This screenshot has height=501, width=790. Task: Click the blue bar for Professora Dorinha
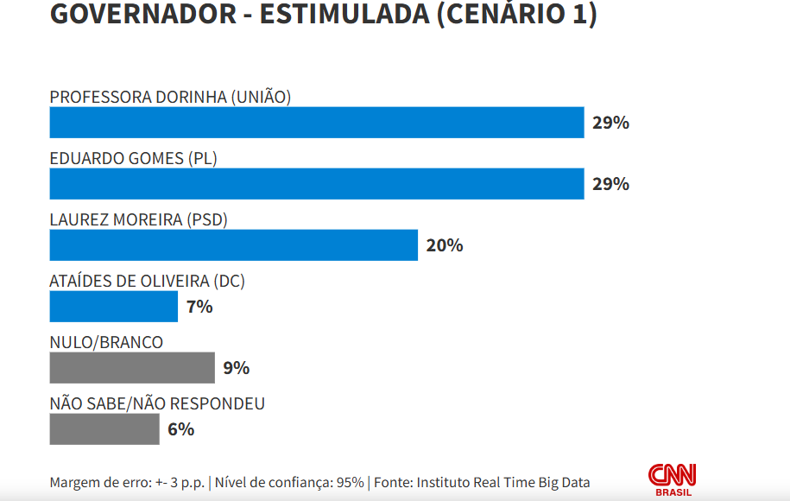(x=317, y=123)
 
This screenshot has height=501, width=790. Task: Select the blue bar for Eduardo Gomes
(x=317, y=184)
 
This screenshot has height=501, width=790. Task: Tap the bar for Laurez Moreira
(x=233, y=245)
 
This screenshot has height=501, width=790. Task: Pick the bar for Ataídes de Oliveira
(x=113, y=307)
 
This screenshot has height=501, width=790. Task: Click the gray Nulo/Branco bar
(x=132, y=368)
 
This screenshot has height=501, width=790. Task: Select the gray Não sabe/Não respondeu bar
(x=104, y=429)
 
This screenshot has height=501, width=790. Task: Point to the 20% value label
(x=445, y=245)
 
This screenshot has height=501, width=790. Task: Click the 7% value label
(x=199, y=307)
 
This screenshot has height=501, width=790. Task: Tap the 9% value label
(x=237, y=368)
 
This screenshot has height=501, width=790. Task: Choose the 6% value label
(x=181, y=429)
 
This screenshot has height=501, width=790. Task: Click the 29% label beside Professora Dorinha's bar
(x=610, y=123)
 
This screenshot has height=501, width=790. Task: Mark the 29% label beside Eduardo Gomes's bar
(x=610, y=184)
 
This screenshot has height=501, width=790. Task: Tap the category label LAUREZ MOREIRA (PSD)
(x=138, y=220)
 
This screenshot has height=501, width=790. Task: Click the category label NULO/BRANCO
(x=106, y=343)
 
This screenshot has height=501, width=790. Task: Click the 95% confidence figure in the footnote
(x=350, y=482)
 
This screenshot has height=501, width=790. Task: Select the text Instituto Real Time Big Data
(x=503, y=482)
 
